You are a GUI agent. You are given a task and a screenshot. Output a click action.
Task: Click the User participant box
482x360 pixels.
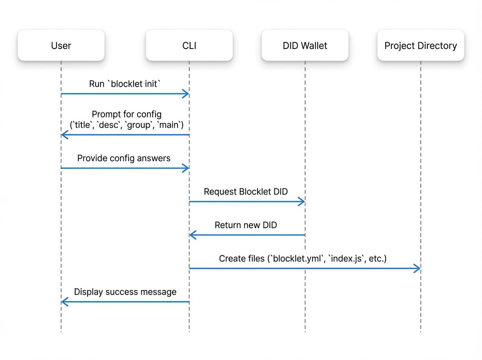61,46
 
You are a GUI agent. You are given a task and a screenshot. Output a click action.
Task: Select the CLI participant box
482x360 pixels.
189,46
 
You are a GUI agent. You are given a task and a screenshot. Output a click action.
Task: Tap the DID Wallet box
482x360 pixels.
305,46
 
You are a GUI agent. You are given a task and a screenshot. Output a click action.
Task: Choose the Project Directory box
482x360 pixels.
421,46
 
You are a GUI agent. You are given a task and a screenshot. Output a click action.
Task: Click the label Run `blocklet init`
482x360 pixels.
125,84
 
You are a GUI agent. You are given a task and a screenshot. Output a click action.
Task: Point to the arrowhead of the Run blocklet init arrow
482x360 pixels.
186,94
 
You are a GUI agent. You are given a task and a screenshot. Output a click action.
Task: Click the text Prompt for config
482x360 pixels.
127,114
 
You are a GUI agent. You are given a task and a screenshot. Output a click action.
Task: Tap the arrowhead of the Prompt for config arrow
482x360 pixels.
64,135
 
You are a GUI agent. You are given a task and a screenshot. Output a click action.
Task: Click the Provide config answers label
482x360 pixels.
124,158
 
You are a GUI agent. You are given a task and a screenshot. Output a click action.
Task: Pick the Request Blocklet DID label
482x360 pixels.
246,192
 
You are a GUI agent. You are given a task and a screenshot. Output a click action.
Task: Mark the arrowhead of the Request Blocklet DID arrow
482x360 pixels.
302,202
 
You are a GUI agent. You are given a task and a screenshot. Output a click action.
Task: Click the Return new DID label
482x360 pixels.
246,225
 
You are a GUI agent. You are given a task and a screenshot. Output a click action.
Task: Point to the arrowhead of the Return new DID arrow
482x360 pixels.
192,235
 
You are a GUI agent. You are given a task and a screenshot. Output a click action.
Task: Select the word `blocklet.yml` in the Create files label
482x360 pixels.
298,258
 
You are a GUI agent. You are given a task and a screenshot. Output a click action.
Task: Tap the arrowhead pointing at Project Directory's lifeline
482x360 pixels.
417,268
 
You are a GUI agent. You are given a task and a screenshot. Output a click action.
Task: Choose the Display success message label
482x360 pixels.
125,292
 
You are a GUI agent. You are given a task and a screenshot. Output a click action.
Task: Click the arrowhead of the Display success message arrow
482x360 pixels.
64,302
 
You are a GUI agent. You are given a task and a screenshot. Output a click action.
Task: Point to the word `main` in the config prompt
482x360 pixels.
169,125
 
